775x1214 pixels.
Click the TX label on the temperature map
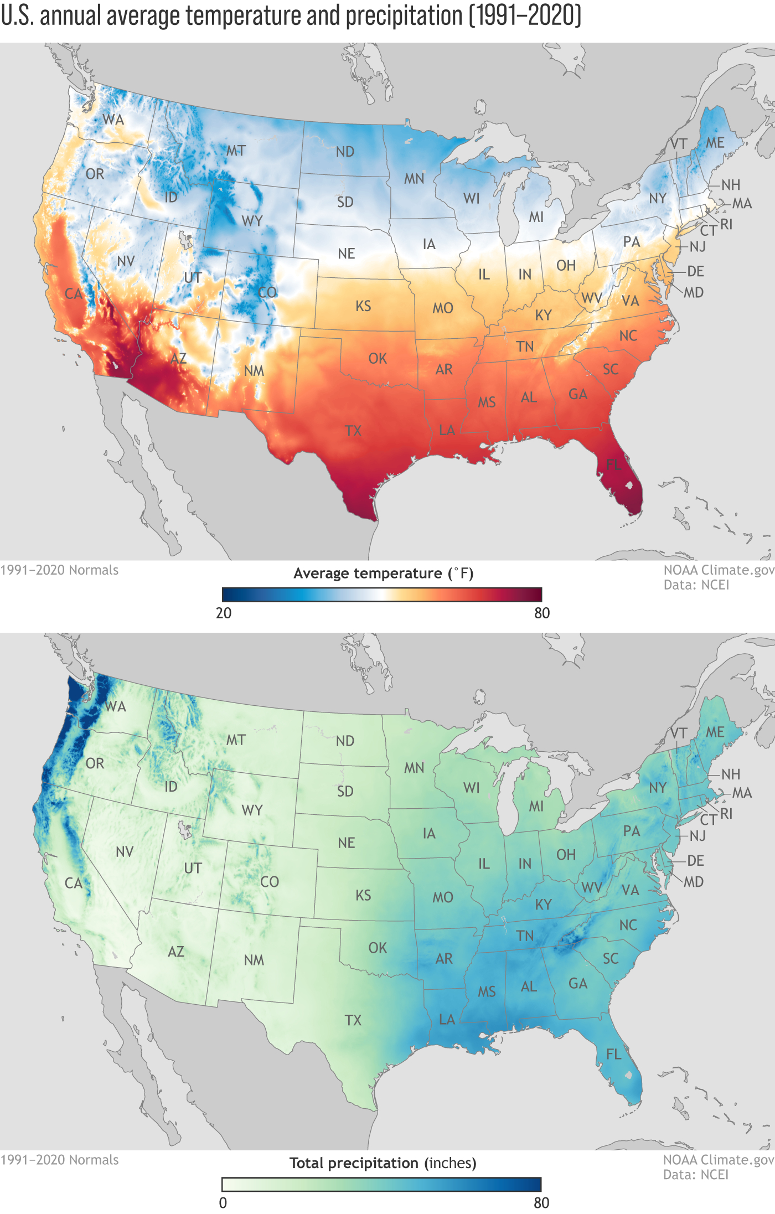[x=353, y=431]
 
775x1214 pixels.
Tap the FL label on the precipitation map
[x=613, y=1054]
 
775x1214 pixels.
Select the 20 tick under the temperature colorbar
[x=224, y=613]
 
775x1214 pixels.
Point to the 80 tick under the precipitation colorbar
[x=541, y=1202]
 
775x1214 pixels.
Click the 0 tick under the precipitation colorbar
[x=223, y=1202]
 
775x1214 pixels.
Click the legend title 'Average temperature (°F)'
[x=383, y=574]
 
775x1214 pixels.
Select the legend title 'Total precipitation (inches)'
[x=383, y=1163]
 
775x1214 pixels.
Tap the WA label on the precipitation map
[x=116, y=706]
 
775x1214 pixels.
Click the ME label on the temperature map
[x=715, y=143]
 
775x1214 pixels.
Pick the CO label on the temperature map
[x=267, y=292]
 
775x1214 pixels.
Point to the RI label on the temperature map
[x=726, y=224]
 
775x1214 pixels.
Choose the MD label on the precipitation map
[x=694, y=882]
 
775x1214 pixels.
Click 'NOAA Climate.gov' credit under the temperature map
[x=719, y=570]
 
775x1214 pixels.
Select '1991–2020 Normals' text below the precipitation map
[x=59, y=1160]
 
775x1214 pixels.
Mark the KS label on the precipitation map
[x=363, y=896]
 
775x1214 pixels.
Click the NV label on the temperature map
[x=126, y=261]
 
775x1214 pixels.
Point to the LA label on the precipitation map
[x=447, y=1020]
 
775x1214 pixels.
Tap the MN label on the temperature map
[x=414, y=179]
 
